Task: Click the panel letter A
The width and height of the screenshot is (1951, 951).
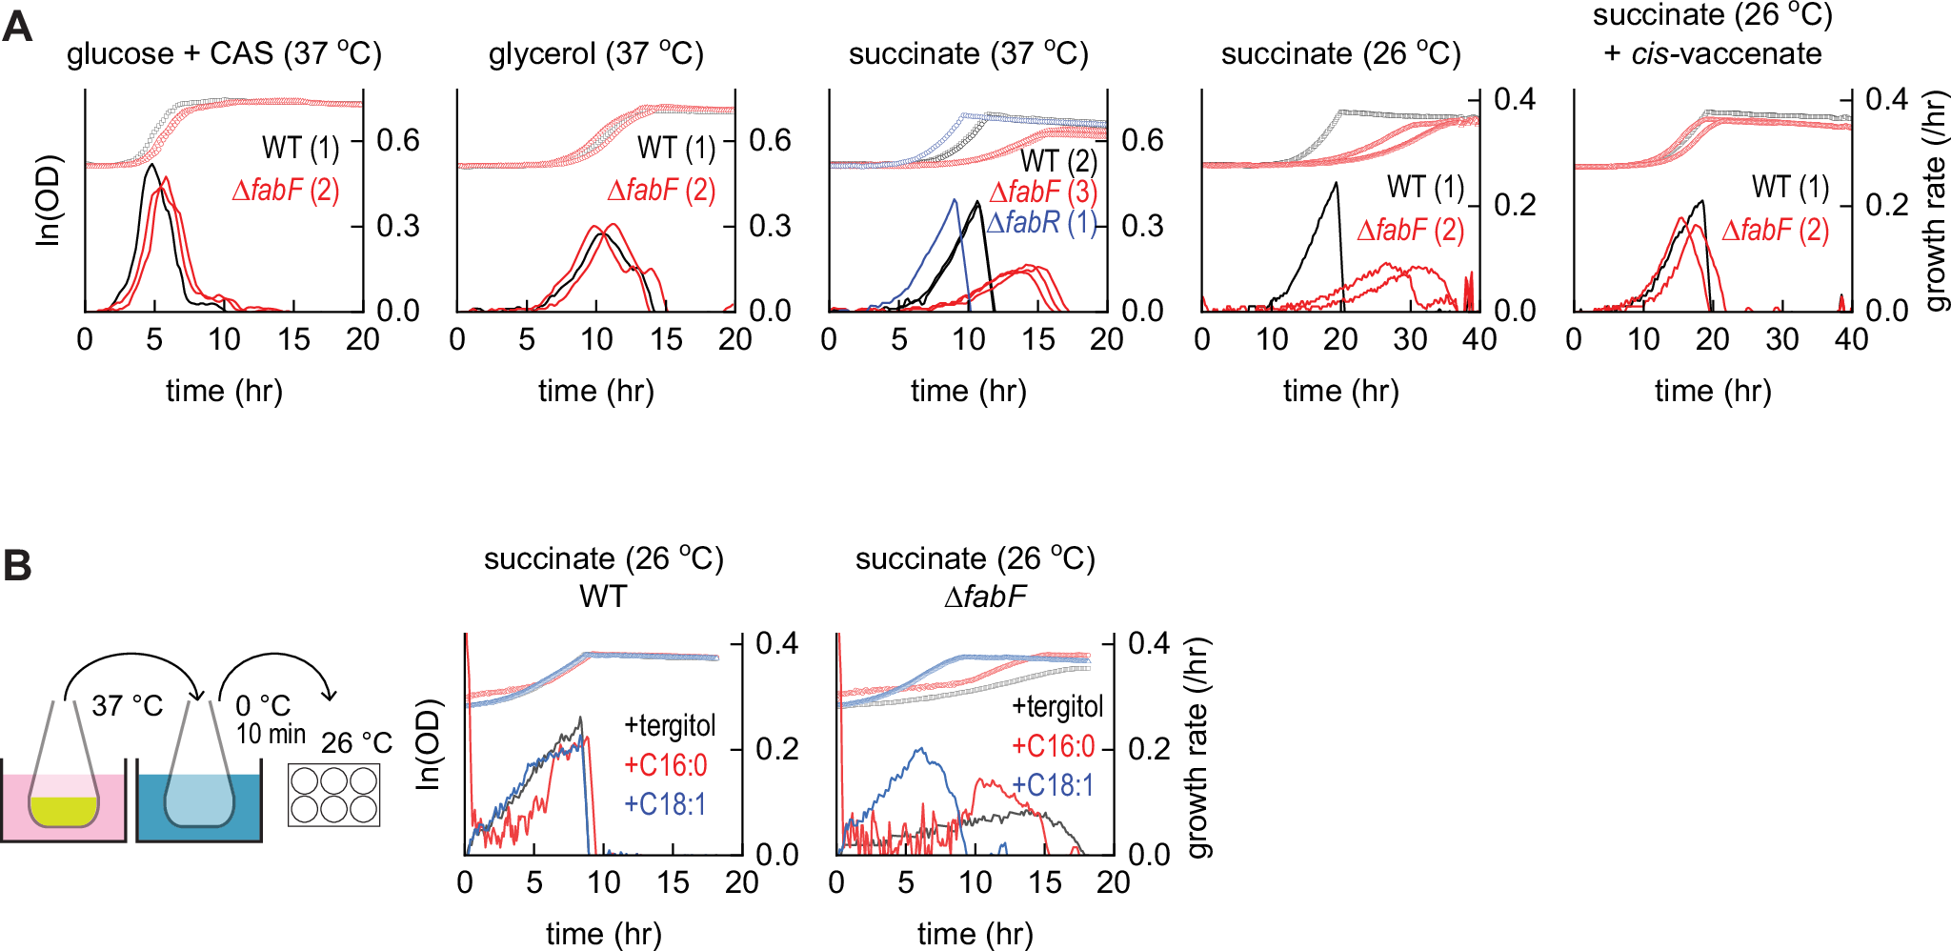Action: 17,26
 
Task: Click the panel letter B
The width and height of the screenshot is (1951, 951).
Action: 17,565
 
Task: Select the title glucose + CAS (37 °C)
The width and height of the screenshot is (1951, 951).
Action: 224,53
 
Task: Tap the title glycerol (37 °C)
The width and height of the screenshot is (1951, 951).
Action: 595,53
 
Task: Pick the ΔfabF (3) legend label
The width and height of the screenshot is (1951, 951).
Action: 1043,192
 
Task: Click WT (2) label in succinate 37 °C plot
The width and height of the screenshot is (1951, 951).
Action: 1058,161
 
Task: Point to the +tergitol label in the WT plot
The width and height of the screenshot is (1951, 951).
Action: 670,726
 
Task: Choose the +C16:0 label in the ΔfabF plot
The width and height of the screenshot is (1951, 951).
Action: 1053,746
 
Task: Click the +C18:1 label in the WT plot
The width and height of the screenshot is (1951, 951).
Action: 665,805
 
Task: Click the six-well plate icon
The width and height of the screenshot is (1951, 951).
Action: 333,795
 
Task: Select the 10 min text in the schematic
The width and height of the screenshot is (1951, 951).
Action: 271,734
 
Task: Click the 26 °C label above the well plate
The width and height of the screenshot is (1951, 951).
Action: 356,743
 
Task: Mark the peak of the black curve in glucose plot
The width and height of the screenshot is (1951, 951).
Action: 151,166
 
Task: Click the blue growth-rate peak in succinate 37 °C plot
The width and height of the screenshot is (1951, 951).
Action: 955,199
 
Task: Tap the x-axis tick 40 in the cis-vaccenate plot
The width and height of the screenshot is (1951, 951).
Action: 1851,339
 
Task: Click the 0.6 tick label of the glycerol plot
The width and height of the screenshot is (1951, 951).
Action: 770,141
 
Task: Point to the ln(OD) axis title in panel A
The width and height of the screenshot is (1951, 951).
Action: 48,200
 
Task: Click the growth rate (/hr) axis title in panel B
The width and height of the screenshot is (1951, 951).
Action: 1197,748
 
